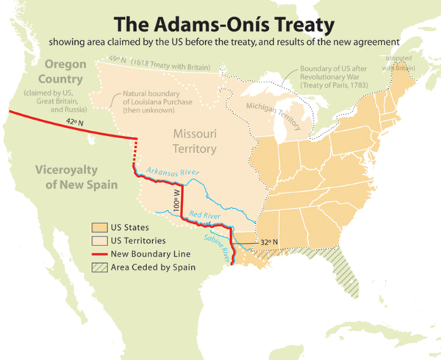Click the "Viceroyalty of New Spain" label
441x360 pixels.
tap(76, 177)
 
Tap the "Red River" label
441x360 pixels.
tap(205, 215)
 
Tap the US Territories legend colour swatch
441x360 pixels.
tap(98, 240)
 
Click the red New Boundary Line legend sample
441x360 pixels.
tap(98, 254)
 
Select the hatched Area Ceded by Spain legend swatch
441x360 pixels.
tap(98, 267)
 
